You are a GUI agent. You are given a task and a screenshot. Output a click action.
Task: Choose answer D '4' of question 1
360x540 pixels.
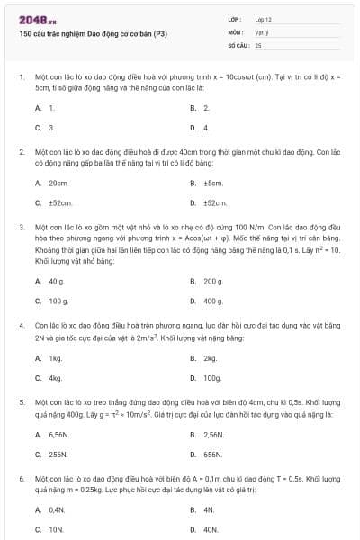(x=206, y=128)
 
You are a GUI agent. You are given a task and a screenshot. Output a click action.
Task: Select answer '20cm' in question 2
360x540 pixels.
(x=58, y=183)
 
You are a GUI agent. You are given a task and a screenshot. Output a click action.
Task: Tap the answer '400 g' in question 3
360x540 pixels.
(x=213, y=301)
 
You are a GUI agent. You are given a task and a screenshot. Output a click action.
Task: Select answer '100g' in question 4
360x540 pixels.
(x=212, y=378)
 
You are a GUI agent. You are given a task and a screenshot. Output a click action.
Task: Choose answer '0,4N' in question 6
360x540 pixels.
(x=58, y=509)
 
